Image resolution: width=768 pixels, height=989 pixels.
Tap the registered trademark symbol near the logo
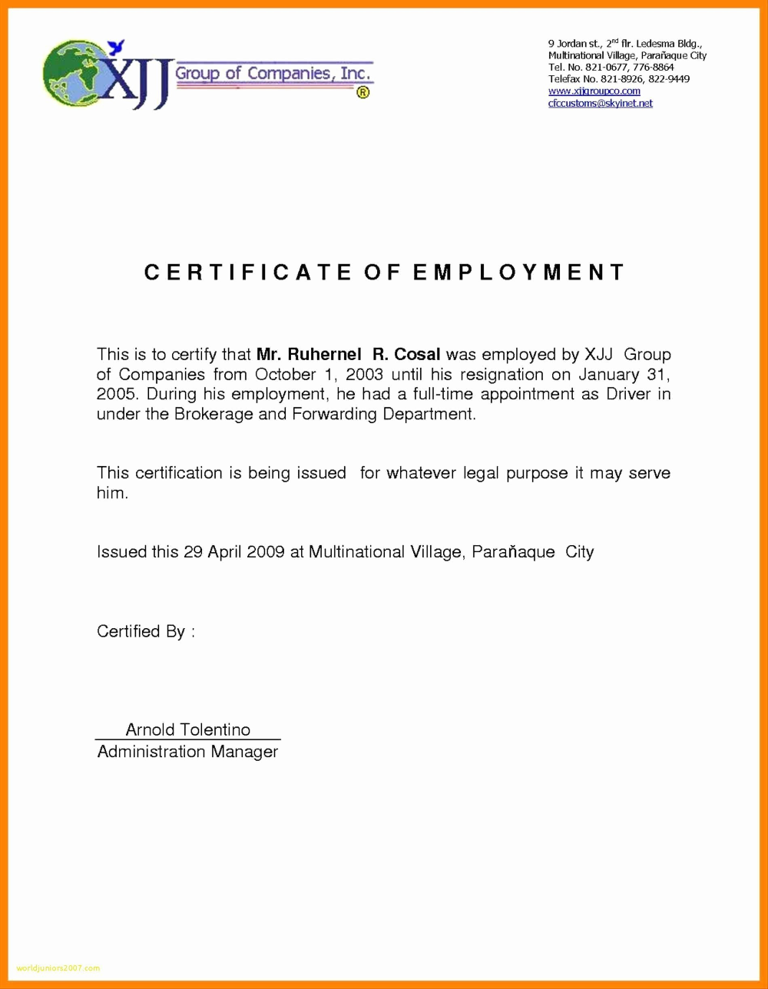pyautogui.click(x=362, y=93)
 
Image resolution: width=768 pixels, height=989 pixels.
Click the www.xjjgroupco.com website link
pyautogui.click(x=594, y=91)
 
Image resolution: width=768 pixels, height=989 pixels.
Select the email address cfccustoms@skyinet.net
pyautogui.click(x=600, y=102)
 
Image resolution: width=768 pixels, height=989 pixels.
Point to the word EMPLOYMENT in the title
pyautogui.click(x=519, y=273)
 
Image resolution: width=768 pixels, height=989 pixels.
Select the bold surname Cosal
pyautogui.click(x=417, y=355)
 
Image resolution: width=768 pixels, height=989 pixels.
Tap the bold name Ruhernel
pyautogui.click(x=320, y=355)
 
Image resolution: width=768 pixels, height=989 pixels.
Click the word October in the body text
pyautogui.click(x=283, y=375)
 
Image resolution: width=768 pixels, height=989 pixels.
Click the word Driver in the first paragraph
pyautogui.click(x=628, y=395)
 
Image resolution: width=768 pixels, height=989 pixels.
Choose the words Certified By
pyautogui.click(x=141, y=632)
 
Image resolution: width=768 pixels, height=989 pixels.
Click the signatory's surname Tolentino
pyautogui.click(x=215, y=729)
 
